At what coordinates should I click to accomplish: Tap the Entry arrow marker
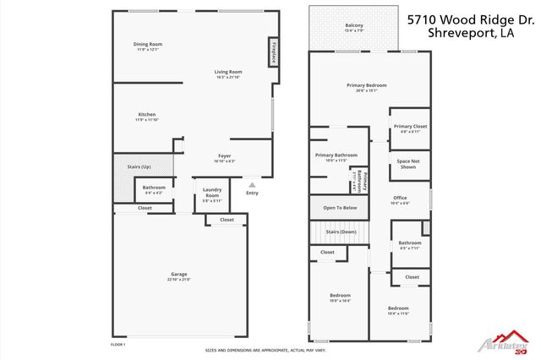click(250, 183)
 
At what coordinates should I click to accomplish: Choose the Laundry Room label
click(212, 194)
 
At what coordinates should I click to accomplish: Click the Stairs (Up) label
click(128, 167)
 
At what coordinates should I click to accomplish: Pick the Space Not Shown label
click(407, 164)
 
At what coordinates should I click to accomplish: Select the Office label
click(400, 199)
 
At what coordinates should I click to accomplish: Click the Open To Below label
click(340, 207)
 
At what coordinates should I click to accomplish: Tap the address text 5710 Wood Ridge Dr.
click(471, 18)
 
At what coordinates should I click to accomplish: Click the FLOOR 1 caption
click(118, 345)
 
